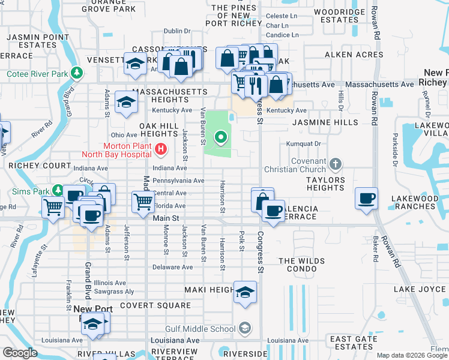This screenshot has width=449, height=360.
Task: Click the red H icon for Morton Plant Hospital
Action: coord(160,149)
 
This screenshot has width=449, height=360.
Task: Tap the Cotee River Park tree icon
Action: coord(76,73)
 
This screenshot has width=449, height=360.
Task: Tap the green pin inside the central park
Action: coord(221,139)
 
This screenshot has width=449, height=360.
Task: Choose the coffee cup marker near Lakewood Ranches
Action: coord(366,198)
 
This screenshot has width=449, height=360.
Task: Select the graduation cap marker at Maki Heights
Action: coord(245,292)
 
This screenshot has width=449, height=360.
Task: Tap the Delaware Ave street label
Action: coord(172,267)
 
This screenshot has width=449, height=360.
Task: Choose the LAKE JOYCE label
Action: coord(420,289)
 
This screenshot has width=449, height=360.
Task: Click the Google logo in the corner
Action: coord(20,353)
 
